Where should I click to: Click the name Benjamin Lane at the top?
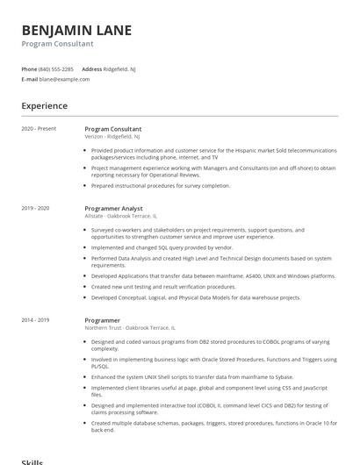76,31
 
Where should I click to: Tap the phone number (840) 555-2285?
56,68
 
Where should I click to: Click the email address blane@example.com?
64,79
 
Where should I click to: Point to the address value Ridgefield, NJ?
119,68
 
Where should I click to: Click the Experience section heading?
45,106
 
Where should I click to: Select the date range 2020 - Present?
39,128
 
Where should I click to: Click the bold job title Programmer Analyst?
113,208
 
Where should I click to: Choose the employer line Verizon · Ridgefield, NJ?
112,136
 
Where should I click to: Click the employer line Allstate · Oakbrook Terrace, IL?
120,215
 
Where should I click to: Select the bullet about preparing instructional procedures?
161,186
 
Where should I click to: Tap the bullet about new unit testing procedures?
151,287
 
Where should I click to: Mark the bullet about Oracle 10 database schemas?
213,426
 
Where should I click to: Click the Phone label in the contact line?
29,68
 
